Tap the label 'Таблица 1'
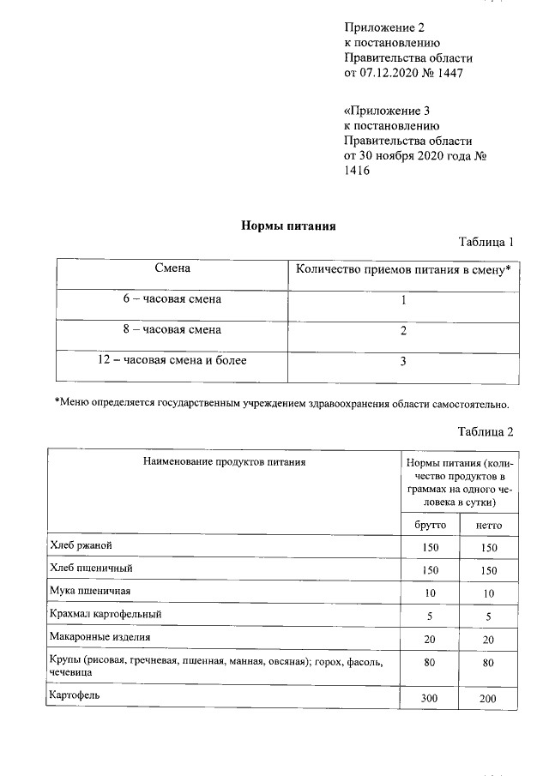tap(486, 242)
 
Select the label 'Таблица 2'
tap(486, 430)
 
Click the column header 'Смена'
tap(172, 269)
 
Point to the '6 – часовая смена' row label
tap(172, 299)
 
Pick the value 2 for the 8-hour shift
tap(402, 330)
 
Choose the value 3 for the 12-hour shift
tap(402, 361)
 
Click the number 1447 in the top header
tap(452, 73)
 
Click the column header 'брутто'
tap(430, 525)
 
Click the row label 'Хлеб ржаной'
tap(81, 545)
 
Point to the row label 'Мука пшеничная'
tap(91, 591)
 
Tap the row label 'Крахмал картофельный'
tap(106, 614)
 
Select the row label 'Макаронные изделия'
tap(100, 637)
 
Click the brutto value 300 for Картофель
tap(430, 699)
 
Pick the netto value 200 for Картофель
tap(488, 699)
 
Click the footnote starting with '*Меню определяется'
tap(282, 403)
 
